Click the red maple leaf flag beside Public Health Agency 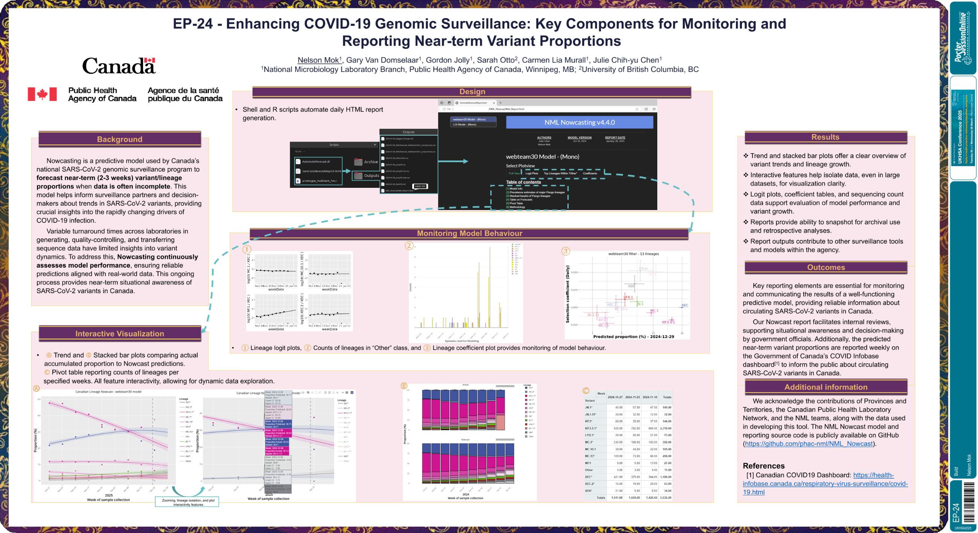(x=42, y=94)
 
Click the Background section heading (x=120, y=139)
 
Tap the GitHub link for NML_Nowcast (x=808, y=443)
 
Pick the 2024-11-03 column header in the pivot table (x=632, y=397)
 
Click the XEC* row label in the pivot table (x=588, y=477)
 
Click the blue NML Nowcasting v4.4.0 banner (x=579, y=122)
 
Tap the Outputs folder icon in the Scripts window (x=358, y=175)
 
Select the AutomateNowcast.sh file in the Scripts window (x=316, y=161)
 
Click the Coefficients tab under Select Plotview (x=590, y=174)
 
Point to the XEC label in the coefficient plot (x=684, y=305)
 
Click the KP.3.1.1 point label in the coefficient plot (x=668, y=322)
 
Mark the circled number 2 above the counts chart (x=409, y=246)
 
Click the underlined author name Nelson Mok (x=318, y=60)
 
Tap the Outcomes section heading (x=826, y=267)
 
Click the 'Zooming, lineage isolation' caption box (x=188, y=502)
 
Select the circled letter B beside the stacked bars (x=404, y=386)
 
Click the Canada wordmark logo (x=119, y=65)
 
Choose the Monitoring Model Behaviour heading (x=469, y=233)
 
